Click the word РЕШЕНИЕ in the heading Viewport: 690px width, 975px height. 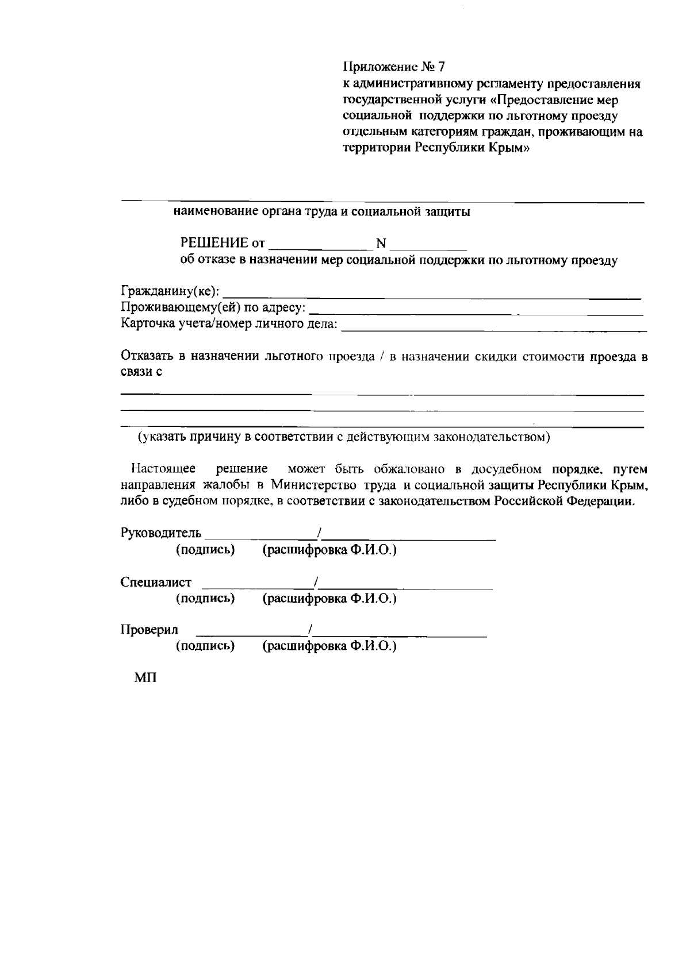tap(214, 243)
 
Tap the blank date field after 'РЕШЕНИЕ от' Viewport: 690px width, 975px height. tap(319, 245)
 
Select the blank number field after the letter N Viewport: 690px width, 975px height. tap(428, 245)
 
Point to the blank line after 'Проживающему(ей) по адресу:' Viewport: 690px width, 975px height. tap(476, 310)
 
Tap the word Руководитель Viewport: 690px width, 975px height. tap(161, 533)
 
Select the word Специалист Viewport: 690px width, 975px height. tap(156, 582)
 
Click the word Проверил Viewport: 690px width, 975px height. tap(149, 630)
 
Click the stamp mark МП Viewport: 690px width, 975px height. tap(145, 678)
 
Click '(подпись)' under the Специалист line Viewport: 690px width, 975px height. tap(205, 599)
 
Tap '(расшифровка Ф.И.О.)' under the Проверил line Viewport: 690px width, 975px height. tap(329, 646)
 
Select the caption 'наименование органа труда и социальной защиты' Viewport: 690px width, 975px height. tap(322, 212)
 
